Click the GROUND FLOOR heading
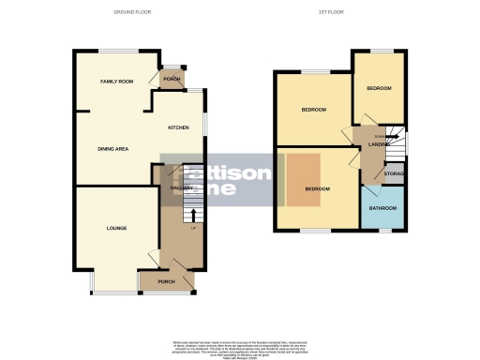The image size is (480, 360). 131,12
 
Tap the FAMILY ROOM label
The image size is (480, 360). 117,82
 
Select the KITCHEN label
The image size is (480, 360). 178,127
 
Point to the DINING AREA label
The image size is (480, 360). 112,148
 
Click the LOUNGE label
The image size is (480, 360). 116,228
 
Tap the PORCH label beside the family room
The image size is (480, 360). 172,80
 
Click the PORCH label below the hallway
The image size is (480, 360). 166,281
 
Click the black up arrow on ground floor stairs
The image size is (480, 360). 193,214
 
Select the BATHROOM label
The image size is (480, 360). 382,208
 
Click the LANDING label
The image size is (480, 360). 379,143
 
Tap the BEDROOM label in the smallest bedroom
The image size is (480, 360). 379,88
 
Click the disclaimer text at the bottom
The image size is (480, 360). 240,346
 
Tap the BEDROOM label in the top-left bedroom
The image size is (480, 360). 313,110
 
